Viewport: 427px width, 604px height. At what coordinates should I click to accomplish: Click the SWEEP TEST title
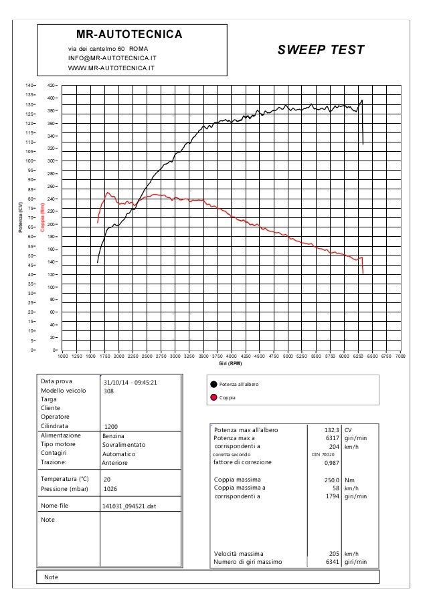tap(321, 50)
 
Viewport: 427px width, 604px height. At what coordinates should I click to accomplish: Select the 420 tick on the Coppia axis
tap(51, 86)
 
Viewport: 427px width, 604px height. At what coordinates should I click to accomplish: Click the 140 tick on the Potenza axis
tap(29, 86)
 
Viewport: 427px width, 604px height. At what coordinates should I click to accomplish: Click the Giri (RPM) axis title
tap(230, 364)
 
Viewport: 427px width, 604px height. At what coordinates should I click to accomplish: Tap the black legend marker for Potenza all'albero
tap(214, 385)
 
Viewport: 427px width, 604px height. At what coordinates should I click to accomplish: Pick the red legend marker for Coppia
tap(214, 397)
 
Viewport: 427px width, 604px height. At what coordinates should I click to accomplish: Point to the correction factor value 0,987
tap(331, 462)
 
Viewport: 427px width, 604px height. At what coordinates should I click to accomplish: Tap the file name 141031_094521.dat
tap(129, 506)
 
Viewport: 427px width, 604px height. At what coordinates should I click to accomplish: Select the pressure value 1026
tap(111, 489)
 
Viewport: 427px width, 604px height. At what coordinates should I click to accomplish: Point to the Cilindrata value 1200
tap(112, 426)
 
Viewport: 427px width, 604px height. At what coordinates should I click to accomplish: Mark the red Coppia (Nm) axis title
tap(42, 217)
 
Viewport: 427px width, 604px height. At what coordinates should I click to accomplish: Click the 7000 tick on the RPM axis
tap(400, 357)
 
